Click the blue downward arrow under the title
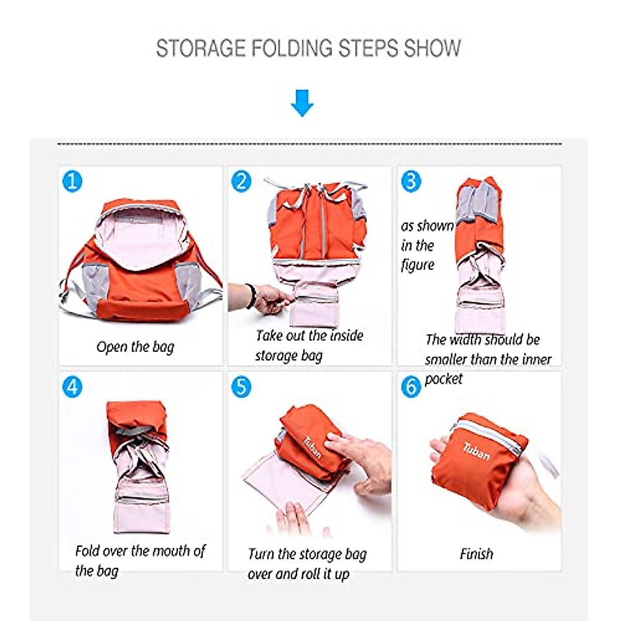click(302, 102)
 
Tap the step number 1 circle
click(72, 181)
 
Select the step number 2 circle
click(241, 181)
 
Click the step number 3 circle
click(411, 181)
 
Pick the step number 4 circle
click(72, 387)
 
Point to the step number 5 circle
click(241, 387)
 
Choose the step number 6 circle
click(411, 387)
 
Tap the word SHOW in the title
click(432, 48)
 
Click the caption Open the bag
click(135, 347)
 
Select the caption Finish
click(476, 554)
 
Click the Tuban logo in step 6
click(476, 452)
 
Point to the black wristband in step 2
click(252, 296)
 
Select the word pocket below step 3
click(443, 379)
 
